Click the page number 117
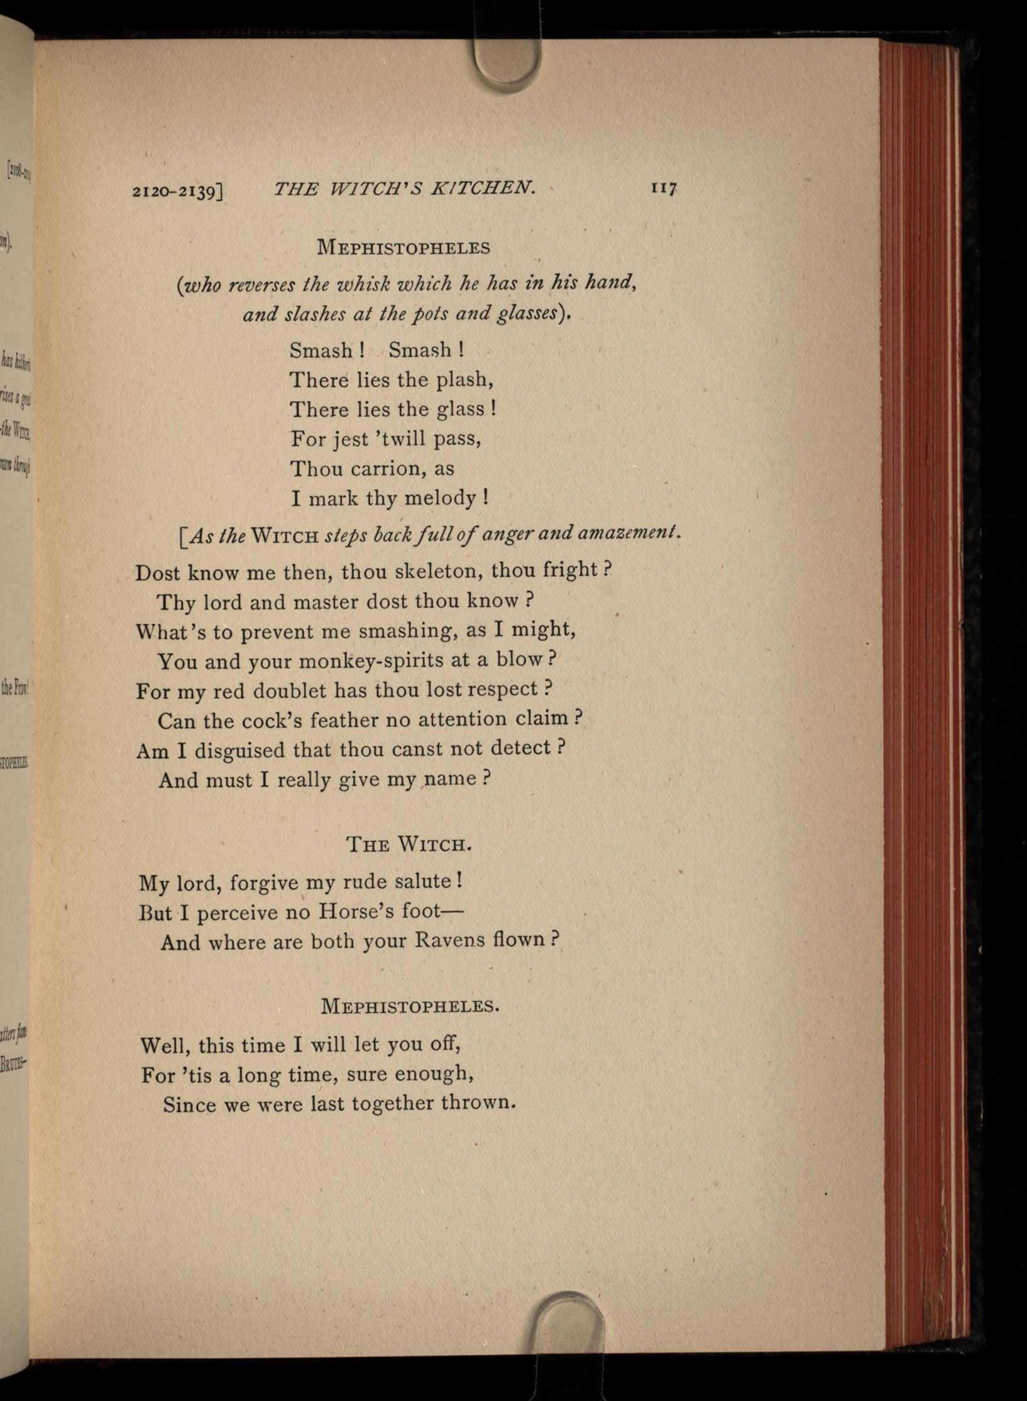(662, 188)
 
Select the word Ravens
(459, 941)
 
